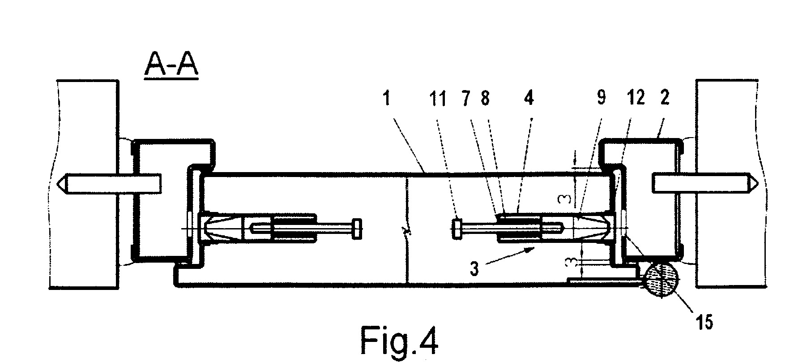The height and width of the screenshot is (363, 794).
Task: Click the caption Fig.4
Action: click(x=399, y=341)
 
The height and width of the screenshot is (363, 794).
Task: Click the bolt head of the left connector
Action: click(x=357, y=229)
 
